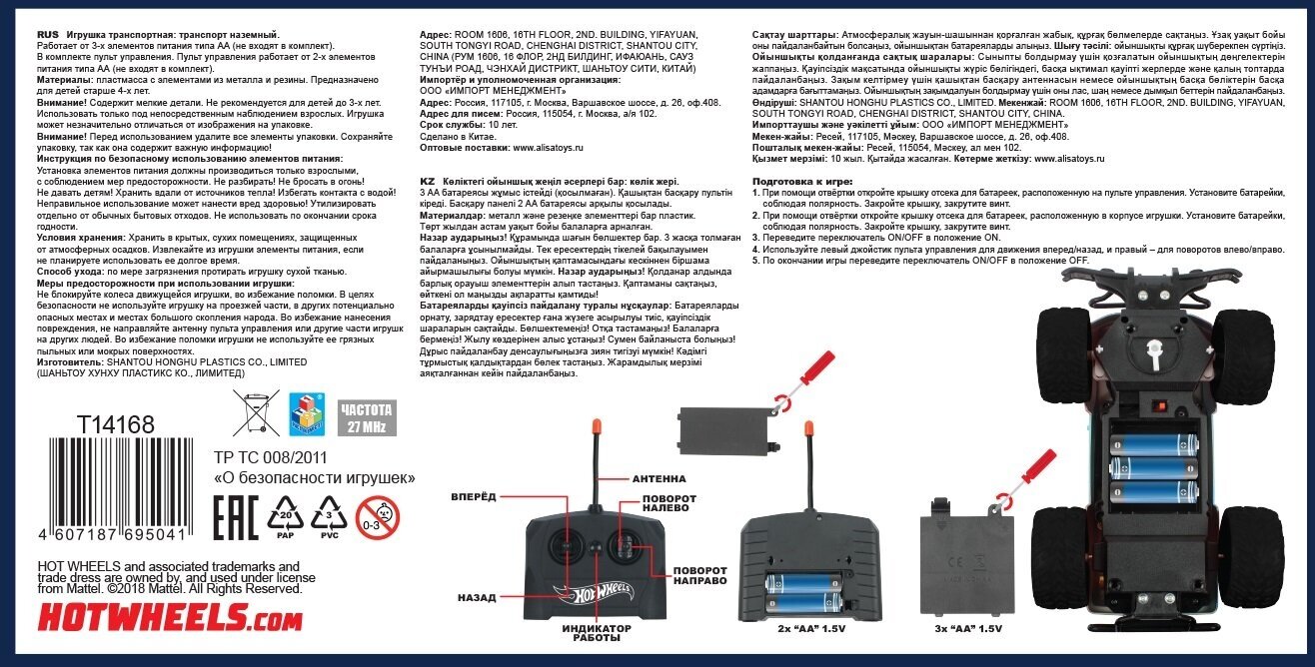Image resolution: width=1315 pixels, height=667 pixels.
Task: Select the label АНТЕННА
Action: tap(658, 478)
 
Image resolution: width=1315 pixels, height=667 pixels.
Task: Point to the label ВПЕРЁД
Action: tap(474, 496)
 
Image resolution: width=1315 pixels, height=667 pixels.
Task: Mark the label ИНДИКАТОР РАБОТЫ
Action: tap(596, 634)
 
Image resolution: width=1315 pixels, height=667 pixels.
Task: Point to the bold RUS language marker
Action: tap(50, 34)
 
